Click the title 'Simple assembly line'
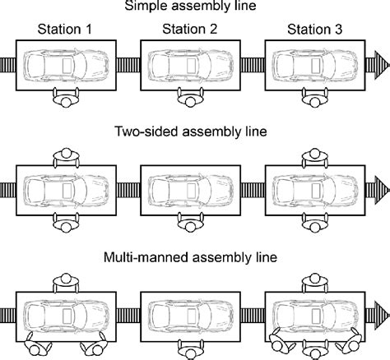pyautogui.click(x=194, y=7)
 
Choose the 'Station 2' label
pyautogui.click(x=190, y=31)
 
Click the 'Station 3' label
pyautogui.click(x=314, y=31)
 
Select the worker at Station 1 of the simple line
pyautogui.click(x=67, y=99)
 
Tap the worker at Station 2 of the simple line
pyautogui.click(x=191, y=99)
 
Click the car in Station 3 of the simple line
pyautogui.click(x=314, y=65)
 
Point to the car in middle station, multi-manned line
pyautogui.click(x=191, y=315)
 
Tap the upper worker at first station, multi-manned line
pyautogui.click(x=67, y=281)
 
